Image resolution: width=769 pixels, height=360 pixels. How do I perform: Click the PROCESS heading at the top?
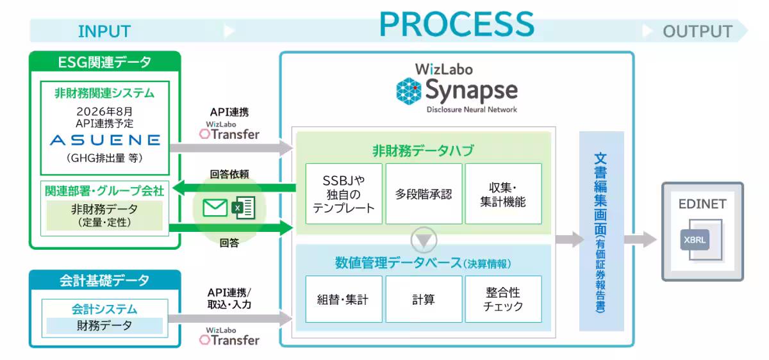[456, 24]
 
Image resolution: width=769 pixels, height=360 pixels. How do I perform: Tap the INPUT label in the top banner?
[104, 31]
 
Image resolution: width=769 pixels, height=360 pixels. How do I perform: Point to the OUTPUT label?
[698, 31]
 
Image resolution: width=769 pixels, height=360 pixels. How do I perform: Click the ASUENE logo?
[105, 140]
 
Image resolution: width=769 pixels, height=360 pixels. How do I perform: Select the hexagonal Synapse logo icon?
[409, 91]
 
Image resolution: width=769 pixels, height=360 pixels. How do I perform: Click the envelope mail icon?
[215, 208]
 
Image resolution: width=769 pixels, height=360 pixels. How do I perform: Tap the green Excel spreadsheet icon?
[244, 208]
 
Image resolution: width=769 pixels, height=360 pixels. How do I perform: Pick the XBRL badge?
[695, 240]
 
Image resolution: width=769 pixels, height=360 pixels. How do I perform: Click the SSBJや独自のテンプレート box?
[343, 194]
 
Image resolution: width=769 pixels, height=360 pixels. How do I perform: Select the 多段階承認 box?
[424, 194]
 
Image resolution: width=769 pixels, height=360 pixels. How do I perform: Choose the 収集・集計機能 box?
[503, 194]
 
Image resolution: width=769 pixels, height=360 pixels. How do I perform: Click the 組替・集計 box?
[343, 299]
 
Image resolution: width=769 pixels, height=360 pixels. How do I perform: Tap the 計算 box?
[424, 299]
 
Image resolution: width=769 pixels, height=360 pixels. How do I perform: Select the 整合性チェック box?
[503, 299]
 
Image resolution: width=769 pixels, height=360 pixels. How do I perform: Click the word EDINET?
[702, 204]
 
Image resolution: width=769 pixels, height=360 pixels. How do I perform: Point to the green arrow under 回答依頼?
[234, 188]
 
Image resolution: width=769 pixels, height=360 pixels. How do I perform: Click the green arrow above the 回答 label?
[231, 228]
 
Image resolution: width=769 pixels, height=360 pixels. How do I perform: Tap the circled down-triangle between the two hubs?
[424, 240]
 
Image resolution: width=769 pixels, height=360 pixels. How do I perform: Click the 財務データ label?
[104, 325]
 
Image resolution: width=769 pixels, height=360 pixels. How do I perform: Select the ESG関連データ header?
[104, 62]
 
